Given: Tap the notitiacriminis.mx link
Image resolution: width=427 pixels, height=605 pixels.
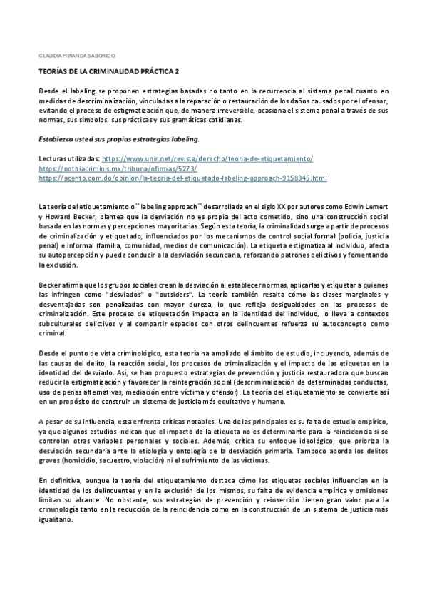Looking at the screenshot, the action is [x=109, y=168].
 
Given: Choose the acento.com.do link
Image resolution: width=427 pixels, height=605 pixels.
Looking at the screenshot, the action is [x=182, y=178].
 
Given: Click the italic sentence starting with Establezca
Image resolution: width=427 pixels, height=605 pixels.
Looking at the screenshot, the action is [x=119, y=138].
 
